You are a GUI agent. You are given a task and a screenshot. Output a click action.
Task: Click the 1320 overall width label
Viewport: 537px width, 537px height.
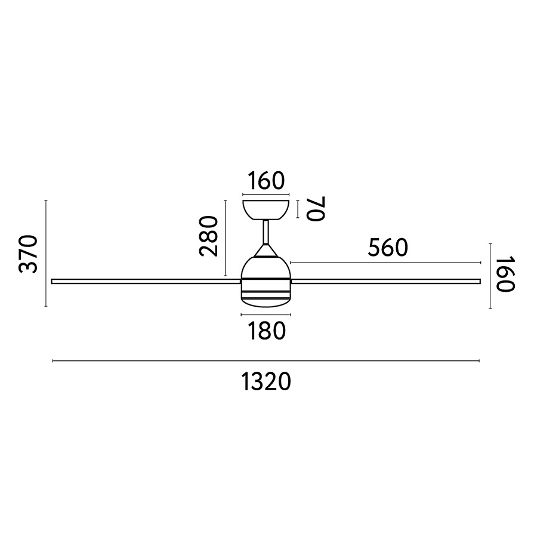coord(267,382)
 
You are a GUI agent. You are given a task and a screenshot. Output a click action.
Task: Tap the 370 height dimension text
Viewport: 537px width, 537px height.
coord(28,254)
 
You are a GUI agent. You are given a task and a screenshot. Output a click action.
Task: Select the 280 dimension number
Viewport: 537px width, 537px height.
coord(208,236)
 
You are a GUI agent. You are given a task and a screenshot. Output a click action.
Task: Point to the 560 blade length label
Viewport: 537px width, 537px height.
coord(388,248)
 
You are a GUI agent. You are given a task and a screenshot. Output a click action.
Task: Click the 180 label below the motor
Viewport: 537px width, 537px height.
coord(266,331)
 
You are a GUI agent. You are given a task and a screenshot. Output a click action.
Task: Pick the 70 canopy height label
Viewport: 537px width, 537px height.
coord(315,209)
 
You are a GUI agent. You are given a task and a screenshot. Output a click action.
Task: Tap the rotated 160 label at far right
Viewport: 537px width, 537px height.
coord(505,274)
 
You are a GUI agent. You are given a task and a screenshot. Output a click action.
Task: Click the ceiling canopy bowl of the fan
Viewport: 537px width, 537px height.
coord(266,209)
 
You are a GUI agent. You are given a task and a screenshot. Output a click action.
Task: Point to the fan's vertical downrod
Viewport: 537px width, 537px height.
coord(266,232)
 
